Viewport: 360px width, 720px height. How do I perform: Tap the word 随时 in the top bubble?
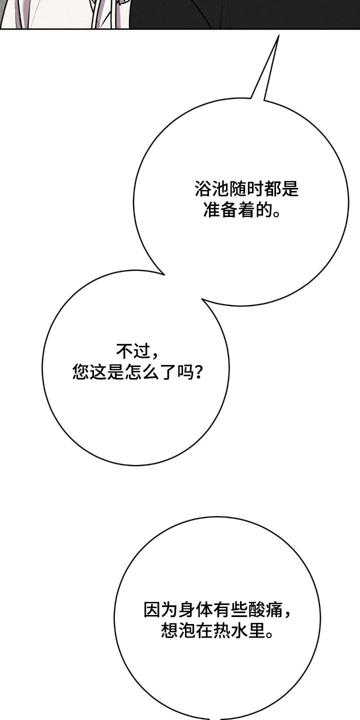(x=246, y=188)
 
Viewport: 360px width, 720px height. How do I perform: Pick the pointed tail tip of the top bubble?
(x=278, y=35)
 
